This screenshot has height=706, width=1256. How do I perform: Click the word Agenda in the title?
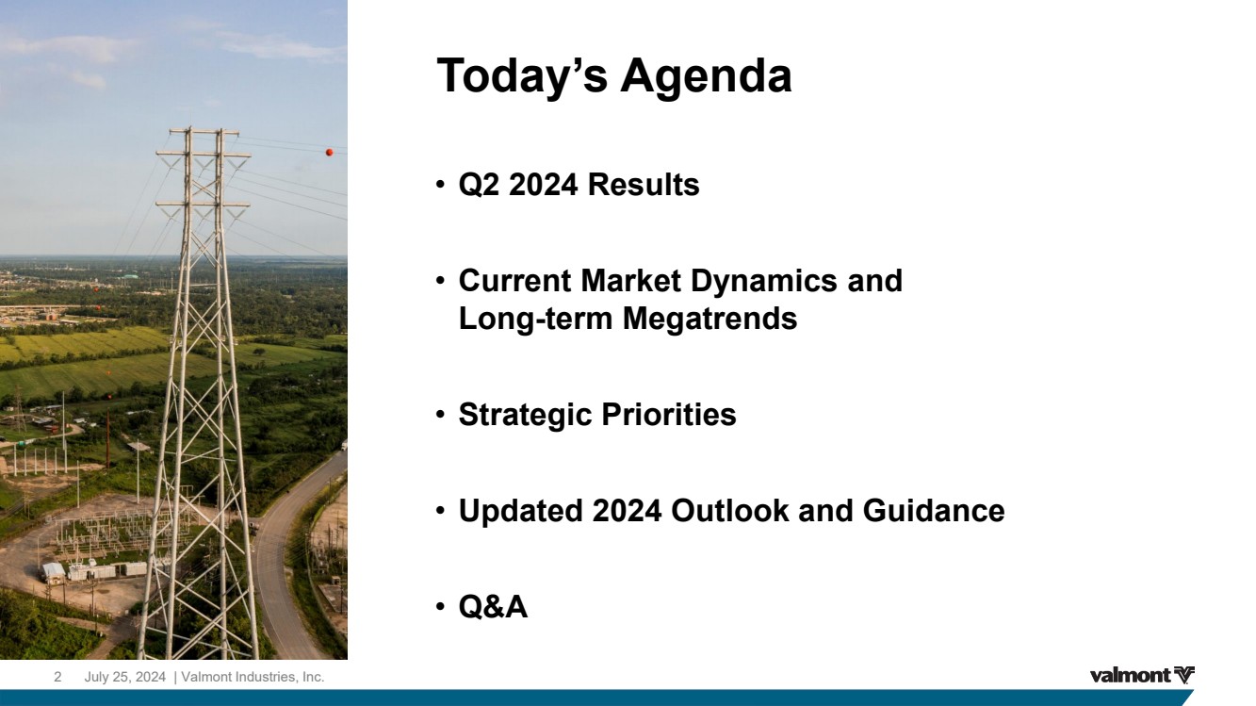point(706,77)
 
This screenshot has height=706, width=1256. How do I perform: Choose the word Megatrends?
point(710,320)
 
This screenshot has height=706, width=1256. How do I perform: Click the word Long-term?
point(535,320)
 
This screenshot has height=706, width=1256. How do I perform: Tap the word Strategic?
point(525,416)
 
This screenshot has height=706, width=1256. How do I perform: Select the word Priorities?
point(669,415)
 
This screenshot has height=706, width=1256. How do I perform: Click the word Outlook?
point(729,511)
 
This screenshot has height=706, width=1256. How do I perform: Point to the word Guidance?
point(934,511)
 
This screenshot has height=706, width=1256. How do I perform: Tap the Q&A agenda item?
point(493,607)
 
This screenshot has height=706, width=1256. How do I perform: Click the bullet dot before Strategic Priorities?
point(440,415)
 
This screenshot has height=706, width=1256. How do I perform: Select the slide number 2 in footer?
point(57,677)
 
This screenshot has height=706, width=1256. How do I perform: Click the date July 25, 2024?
point(125,678)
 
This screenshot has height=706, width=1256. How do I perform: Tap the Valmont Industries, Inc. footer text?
point(253,678)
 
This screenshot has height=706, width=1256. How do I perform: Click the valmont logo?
point(1142,676)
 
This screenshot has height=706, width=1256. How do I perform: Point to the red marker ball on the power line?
point(329,152)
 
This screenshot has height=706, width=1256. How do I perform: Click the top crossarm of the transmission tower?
point(204,132)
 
